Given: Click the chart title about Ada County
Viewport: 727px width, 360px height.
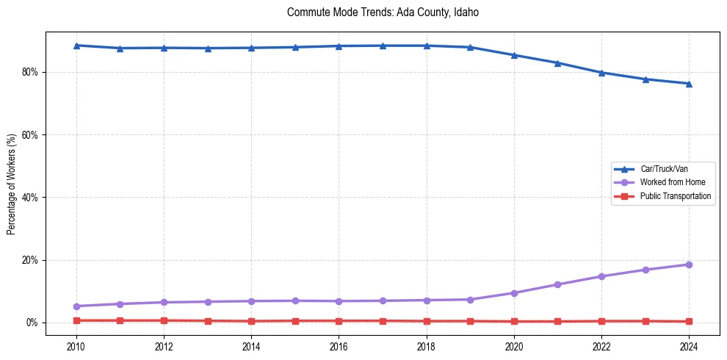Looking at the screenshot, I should pos(383,12).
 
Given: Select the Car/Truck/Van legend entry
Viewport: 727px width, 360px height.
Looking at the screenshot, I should pos(664,169).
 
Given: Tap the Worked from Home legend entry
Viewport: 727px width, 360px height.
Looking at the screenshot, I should pos(668,182).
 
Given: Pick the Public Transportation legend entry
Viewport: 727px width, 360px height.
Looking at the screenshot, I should pos(675,196).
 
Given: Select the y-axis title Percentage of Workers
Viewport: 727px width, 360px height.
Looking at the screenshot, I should pos(12,184).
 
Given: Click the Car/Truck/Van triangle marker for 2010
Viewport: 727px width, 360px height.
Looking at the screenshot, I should pos(76,46).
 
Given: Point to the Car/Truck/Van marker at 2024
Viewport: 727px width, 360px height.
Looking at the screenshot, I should pos(689,84).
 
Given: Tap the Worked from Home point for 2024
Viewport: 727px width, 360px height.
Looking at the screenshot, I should pos(689,264).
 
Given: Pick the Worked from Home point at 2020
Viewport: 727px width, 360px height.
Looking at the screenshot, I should pos(514,293).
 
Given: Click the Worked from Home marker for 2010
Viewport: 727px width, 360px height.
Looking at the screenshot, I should pos(76,306).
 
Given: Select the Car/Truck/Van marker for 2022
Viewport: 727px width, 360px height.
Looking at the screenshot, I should pos(601,73).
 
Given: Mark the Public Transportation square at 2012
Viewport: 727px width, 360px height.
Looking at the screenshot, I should pos(164,320).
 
